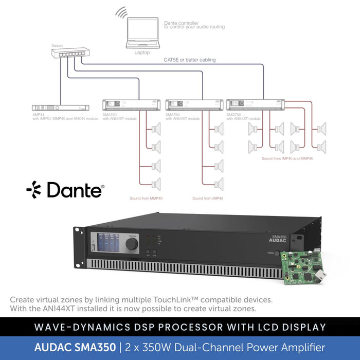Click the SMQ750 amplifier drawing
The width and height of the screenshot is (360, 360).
[255, 105]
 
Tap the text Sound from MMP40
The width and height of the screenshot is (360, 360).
[146, 198]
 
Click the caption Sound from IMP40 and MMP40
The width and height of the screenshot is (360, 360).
[287, 159]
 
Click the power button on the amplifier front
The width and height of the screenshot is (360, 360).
[277, 254]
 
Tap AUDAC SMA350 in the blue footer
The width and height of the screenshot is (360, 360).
[75, 348]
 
